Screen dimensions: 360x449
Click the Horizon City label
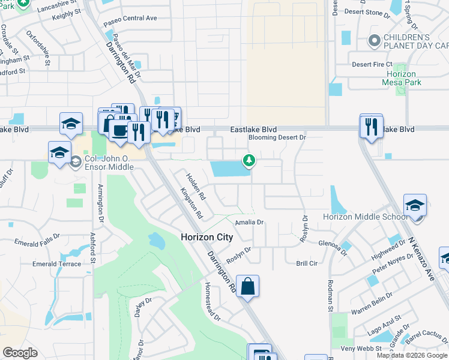(206, 237)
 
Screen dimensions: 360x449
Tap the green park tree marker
(249, 160)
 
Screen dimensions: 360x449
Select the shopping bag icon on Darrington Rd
(247, 286)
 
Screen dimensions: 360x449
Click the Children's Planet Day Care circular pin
(374, 41)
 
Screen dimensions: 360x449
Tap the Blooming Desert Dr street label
(277, 137)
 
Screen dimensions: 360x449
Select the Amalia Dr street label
(250, 222)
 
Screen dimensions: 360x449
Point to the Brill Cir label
(306, 263)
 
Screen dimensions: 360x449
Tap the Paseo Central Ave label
(130, 19)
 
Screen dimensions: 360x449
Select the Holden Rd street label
(196, 187)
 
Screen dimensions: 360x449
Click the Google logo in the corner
(19, 353)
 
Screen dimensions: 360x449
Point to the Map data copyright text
(411, 355)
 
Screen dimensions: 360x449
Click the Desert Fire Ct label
(372, 64)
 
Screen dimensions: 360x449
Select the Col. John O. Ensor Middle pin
(76, 161)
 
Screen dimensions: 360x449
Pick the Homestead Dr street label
(212, 301)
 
